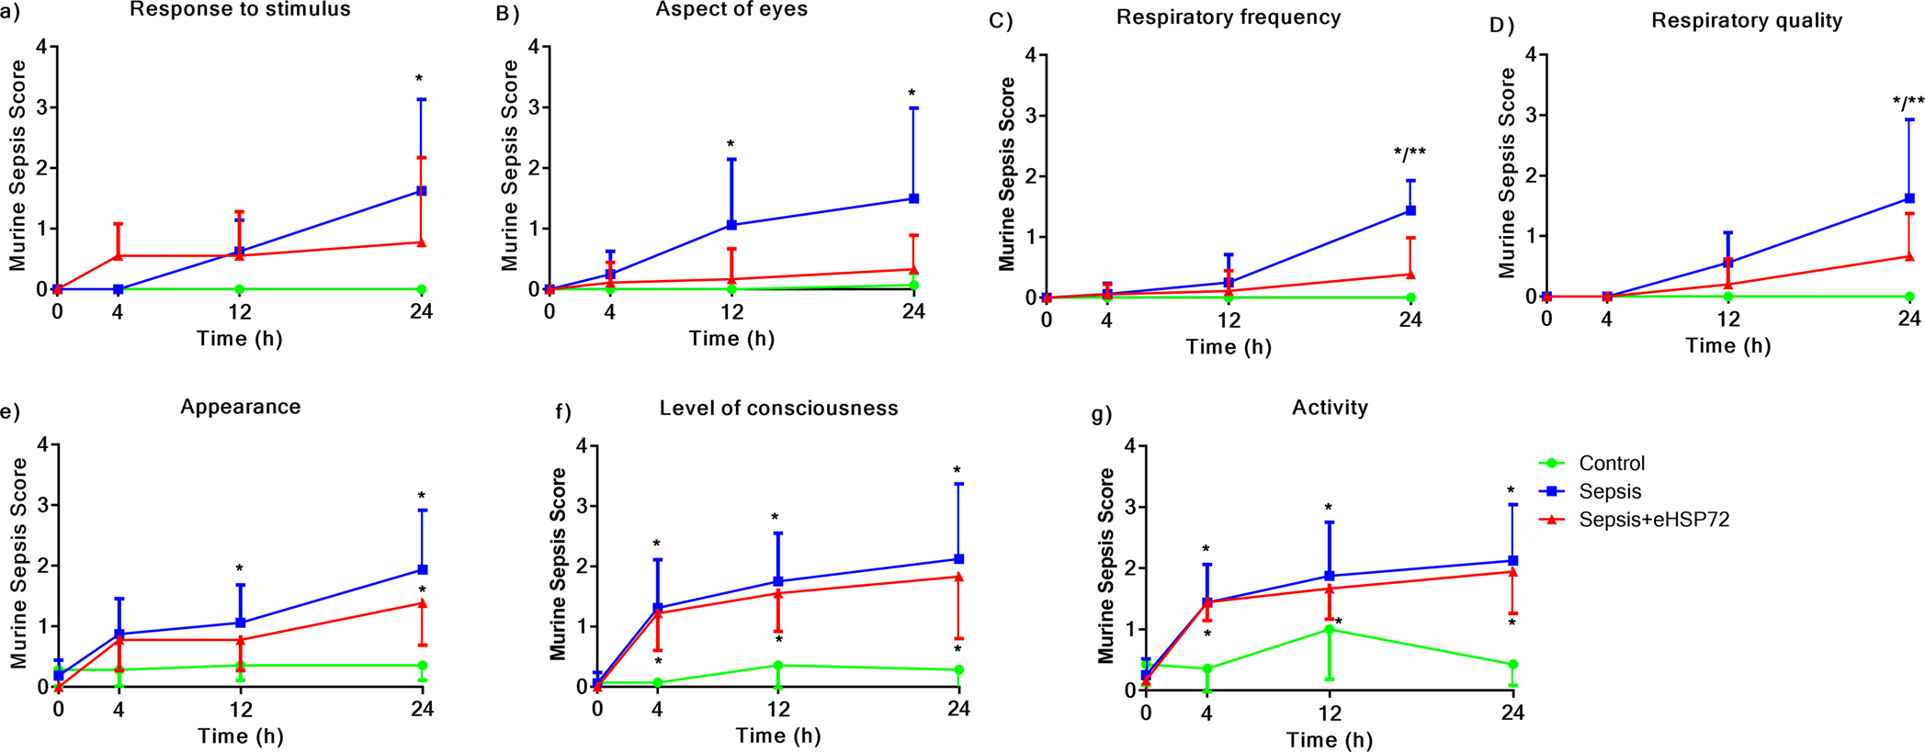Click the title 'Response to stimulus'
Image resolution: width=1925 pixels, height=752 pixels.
[240, 11]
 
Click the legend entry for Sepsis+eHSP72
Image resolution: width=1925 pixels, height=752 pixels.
[1654, 520]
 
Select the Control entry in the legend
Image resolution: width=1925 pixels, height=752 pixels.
[1611, 464]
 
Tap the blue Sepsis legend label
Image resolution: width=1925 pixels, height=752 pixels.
[1609, 491]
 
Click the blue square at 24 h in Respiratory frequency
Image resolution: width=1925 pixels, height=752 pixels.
[1410, 211]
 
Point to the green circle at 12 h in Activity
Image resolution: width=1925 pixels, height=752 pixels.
[1329, 630]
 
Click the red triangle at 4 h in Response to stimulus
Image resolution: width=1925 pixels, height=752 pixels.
[118, 255]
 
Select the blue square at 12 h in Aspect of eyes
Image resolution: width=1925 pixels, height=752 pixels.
[731, 225]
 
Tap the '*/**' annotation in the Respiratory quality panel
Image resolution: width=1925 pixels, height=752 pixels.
[1908, 102]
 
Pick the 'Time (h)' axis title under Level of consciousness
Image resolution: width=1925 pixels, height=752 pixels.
[778, 735]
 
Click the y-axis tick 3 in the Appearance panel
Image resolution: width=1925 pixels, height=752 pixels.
[42, 505]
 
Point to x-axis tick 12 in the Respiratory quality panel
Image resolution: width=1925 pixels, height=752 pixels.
[1728, 319]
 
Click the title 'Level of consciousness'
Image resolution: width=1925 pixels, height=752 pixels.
[778, 409]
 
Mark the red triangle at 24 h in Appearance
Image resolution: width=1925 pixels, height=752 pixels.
[422, 603]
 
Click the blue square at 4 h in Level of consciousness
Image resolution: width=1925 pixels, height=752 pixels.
[657, 608]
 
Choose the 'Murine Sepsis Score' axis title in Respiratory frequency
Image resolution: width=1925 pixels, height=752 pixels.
[1007, 174]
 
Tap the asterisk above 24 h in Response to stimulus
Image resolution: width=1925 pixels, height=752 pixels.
[419, 80]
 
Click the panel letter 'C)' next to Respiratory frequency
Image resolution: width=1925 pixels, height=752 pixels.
[1001, 20]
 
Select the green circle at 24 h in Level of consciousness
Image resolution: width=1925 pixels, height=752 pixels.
[958, 670]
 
